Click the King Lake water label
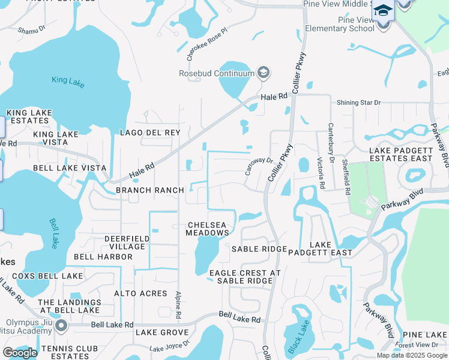click(x=68, y=82)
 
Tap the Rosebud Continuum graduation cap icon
click(x=262, y=73)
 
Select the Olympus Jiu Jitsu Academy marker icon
click(x=61, y=326)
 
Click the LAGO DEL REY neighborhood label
click(x=149, y=133)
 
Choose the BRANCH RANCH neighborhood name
click(x=149, y=190)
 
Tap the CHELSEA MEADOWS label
click(x=206, y=229)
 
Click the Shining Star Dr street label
click(x=358, y=103)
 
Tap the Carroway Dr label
click(x=259, y=164)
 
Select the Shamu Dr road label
click(x=32, y=30)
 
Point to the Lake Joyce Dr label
click(x=169, y=346)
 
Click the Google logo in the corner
click(x=20, y=353)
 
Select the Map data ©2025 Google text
click(x=412, y=355)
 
